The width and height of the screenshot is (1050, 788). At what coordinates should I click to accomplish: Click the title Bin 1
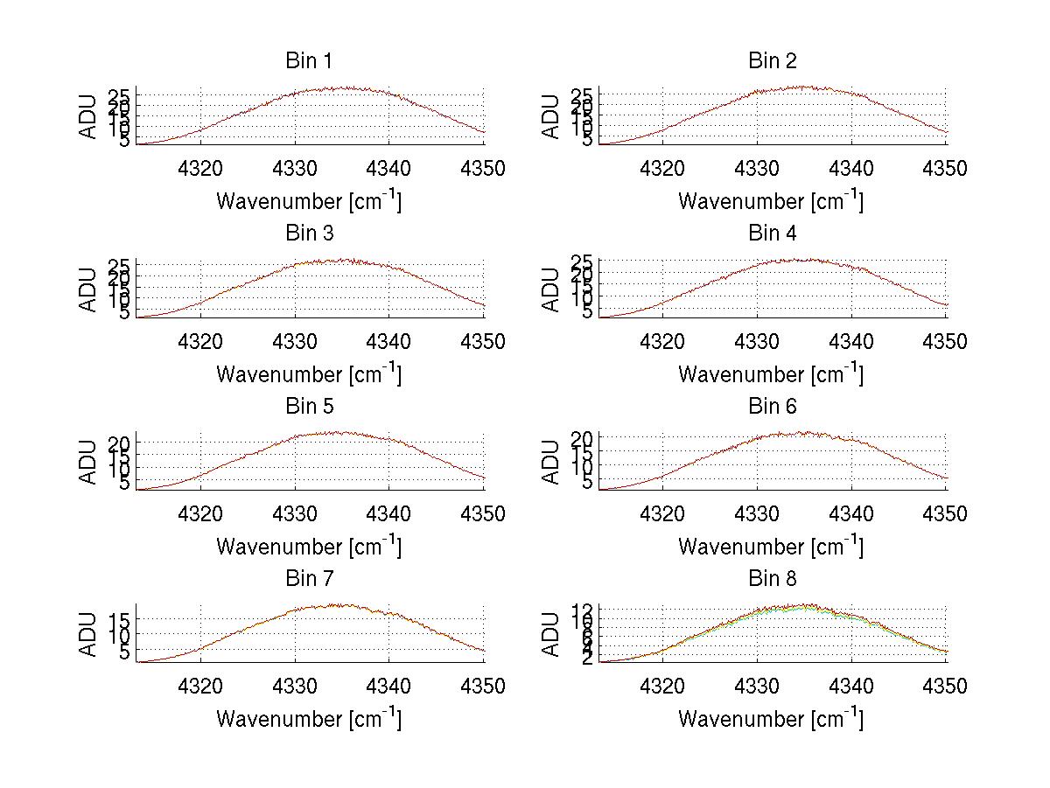[309, 61]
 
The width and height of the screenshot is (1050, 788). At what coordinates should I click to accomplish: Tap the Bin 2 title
[772, 61]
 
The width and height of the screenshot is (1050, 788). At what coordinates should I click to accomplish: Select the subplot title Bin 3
[309, 234]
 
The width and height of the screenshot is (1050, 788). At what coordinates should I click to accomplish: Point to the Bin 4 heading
[772, 234]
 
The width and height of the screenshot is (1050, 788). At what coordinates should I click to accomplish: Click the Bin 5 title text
[309, 407]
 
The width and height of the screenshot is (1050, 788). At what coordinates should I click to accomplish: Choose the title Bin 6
[772, 407]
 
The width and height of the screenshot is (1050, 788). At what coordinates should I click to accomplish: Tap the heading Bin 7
[309, 579]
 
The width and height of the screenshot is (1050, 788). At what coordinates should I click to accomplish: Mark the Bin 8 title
[772, 579]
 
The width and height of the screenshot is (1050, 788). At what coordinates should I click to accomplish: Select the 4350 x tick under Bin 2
[944, 169]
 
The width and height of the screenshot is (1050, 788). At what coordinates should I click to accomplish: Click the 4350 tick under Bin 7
[482, 687]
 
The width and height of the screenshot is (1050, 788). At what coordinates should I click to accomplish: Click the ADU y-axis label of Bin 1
[88, 117]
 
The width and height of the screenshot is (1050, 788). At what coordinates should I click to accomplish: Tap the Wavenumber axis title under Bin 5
[309, 547]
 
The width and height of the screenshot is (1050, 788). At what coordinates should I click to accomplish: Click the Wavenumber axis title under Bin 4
[771, 374]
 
